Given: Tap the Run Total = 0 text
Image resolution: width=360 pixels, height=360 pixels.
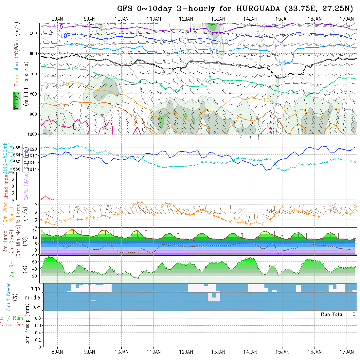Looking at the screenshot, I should click(338, 314).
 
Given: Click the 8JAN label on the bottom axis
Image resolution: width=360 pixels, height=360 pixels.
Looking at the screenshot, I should click(58, 352).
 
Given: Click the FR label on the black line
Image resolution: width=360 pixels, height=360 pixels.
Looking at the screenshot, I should click(238, 66).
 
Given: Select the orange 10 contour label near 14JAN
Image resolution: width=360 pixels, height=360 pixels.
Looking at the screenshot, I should click(266, 99).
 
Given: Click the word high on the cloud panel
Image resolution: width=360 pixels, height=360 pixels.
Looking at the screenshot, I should click(35, 288).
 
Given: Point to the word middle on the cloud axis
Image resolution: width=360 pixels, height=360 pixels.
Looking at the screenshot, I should click(33, 297).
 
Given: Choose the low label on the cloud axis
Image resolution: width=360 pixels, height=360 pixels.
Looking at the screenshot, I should click(36, 307).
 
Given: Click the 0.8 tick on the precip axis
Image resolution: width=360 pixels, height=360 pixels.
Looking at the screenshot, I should click(37, 318).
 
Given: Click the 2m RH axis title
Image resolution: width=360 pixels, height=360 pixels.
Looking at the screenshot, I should click(12, 269).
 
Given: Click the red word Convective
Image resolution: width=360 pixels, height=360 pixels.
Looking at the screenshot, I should click(11, 325).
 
